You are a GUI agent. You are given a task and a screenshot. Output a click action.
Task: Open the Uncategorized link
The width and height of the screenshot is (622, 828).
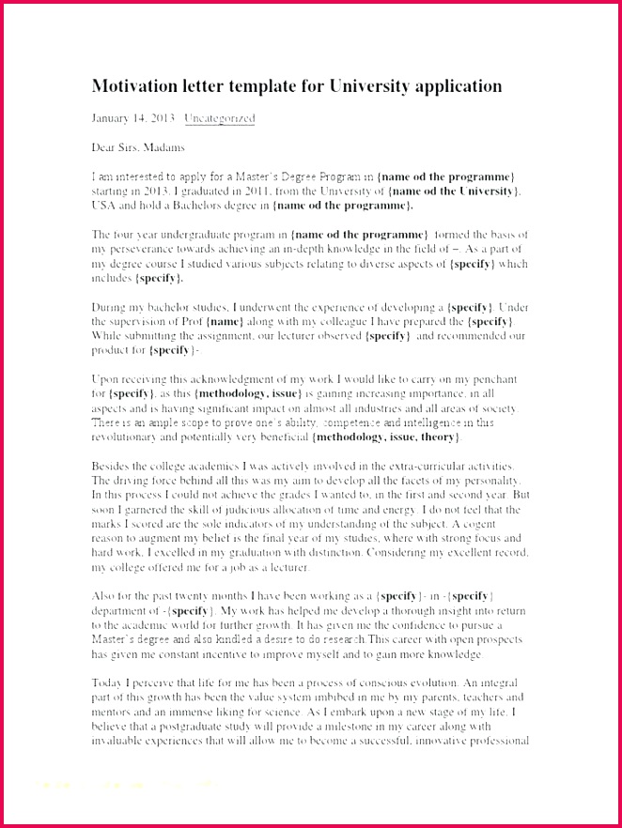click(x=219, y=119)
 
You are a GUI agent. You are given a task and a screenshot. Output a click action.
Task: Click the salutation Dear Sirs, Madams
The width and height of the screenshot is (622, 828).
click(x=138, y=147)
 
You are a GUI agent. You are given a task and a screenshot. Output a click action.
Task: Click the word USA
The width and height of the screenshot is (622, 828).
click(x=104, y=205)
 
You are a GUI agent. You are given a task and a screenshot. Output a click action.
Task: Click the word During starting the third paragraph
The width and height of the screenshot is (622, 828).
click(x=111, y=307)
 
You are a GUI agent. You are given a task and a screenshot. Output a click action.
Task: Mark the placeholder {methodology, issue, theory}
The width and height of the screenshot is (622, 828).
click(x=387, y=437)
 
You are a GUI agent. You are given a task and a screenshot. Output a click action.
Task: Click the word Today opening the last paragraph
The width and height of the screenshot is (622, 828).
click(x=109, y=683)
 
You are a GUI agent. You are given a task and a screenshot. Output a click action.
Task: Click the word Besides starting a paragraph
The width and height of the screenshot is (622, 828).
click(x=113, y=466)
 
